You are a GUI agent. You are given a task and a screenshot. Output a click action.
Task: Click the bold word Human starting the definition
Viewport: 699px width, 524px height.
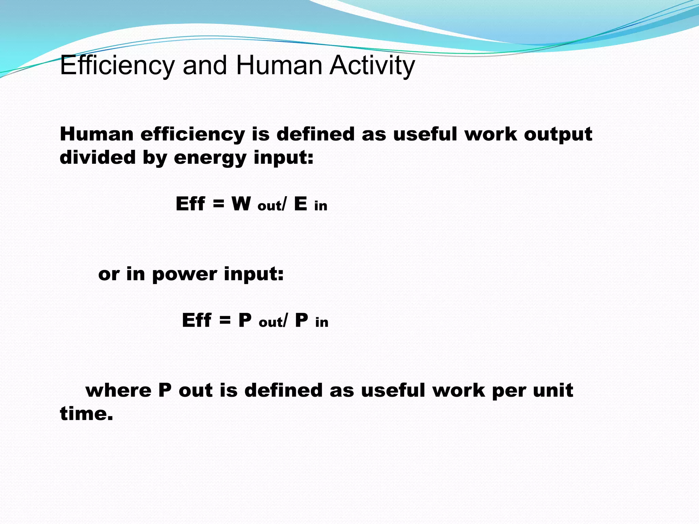(97, 134)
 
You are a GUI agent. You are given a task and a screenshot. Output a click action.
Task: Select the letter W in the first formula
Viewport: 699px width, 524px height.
(241, 204)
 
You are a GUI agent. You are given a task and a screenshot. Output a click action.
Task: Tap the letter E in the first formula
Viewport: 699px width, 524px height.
(300, 204)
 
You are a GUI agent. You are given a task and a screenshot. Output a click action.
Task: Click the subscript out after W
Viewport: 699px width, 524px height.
(269, 206)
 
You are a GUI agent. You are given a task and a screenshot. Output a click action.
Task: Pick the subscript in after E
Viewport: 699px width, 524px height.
(321, 206)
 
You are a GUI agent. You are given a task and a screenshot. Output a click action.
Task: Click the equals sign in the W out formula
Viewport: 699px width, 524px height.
(218, 204)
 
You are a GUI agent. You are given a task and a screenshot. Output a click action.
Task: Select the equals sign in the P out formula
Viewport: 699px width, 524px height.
(225, 320)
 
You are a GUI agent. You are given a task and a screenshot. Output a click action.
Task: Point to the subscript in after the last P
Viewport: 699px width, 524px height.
(322, 322)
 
